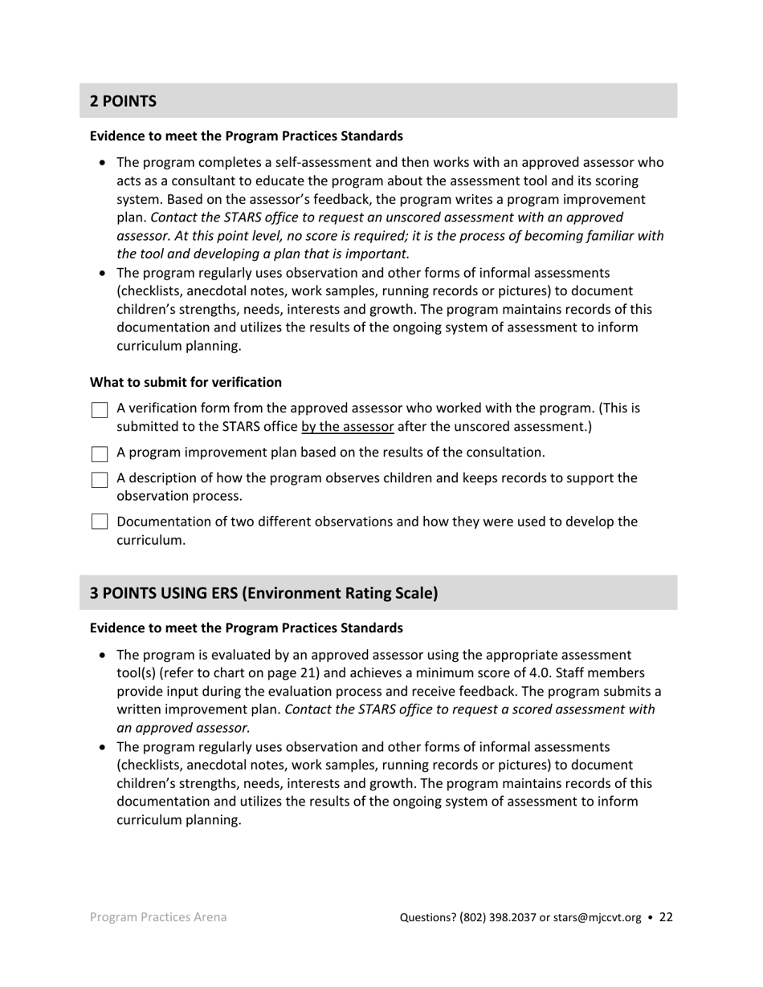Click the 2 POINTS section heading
point(123,101)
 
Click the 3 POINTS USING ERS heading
point(263,593)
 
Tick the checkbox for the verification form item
point(100,410)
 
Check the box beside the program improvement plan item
point(100,454)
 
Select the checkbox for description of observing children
point(100,480)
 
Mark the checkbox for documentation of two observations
point(100,522)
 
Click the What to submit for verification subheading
point(186,382)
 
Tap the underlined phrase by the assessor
point(347,426)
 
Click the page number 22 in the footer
point(666,917)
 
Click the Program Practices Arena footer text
point(157,916)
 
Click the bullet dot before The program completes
point(102,163)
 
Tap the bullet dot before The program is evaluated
point(102,655)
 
